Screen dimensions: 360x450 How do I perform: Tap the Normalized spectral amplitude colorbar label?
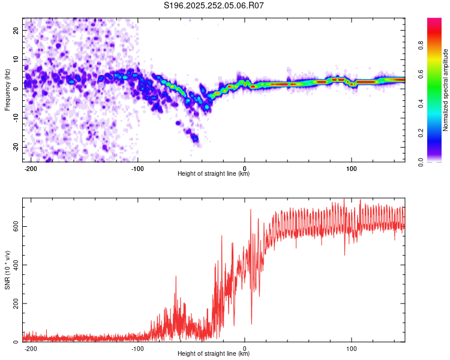445,90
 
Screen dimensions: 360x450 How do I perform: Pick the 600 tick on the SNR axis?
14,226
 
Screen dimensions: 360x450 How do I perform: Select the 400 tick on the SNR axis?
14,265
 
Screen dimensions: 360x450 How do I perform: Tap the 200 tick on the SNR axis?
14,304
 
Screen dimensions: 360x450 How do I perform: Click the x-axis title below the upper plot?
214,174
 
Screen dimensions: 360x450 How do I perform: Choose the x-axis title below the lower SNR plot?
214,354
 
